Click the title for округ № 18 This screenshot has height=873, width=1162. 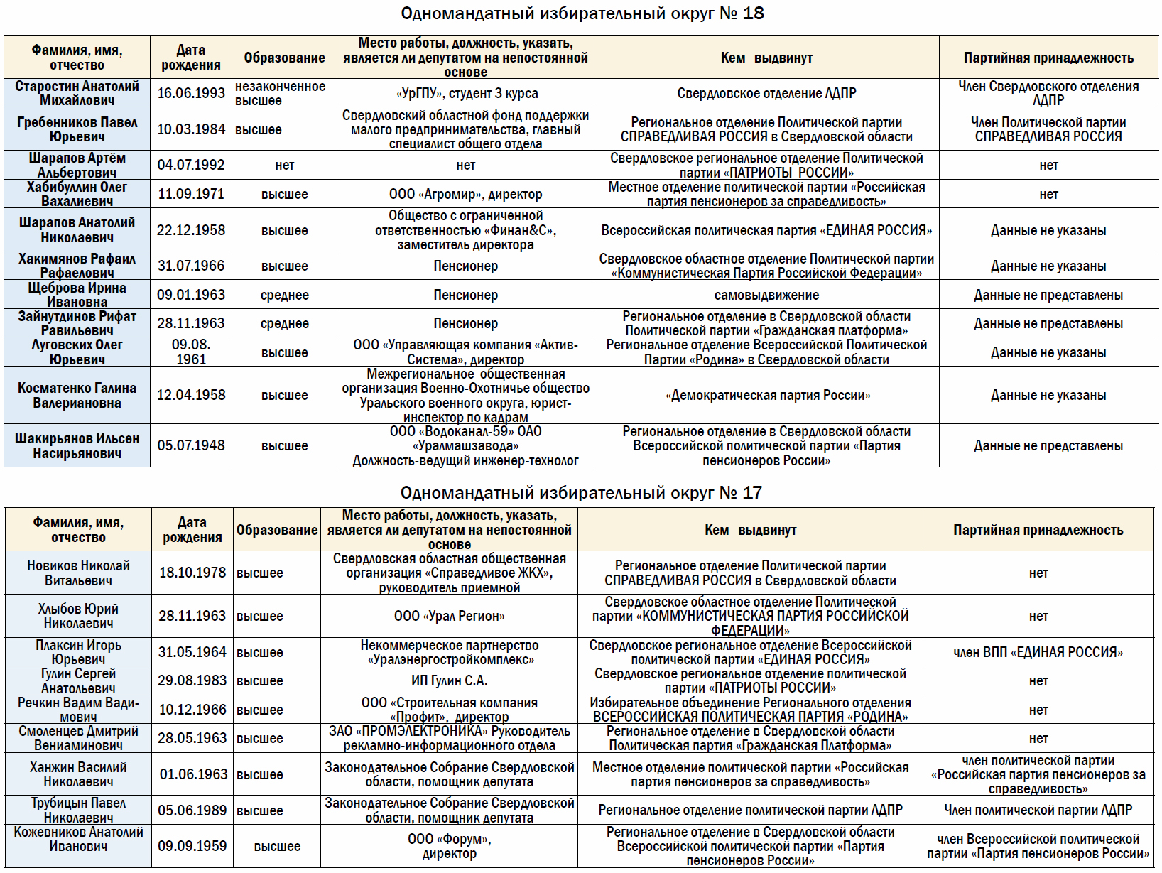pos(582,13)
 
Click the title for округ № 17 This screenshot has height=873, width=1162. pos(580,492)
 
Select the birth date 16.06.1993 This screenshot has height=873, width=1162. pos(191,93)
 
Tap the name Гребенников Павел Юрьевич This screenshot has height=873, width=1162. pos(77,129)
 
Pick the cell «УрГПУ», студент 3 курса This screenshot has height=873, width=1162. pos(465,93)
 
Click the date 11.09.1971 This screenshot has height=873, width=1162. pos(191,194)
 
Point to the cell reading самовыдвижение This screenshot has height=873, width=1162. pos(766,295)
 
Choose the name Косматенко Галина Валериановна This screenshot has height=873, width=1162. pos(77,395)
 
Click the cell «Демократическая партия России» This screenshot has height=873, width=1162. pos(767,395)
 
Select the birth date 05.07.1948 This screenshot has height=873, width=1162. pos(191,445)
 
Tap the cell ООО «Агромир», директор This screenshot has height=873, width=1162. pos(465,194)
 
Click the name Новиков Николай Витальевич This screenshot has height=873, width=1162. pos(78,573)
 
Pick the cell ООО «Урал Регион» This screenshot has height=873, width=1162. pos(449,616)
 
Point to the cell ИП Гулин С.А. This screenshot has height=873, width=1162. pos(449,680)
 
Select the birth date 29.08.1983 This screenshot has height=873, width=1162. pos(192,680)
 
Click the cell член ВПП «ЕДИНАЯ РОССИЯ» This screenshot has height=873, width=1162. pos(1038,652)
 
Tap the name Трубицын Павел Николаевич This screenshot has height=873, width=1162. pos(78,810)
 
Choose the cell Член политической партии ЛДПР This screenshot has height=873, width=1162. pos(1038,810)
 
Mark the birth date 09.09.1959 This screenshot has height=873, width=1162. pos(192,846)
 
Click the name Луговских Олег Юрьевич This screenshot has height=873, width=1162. pos(77,352)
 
